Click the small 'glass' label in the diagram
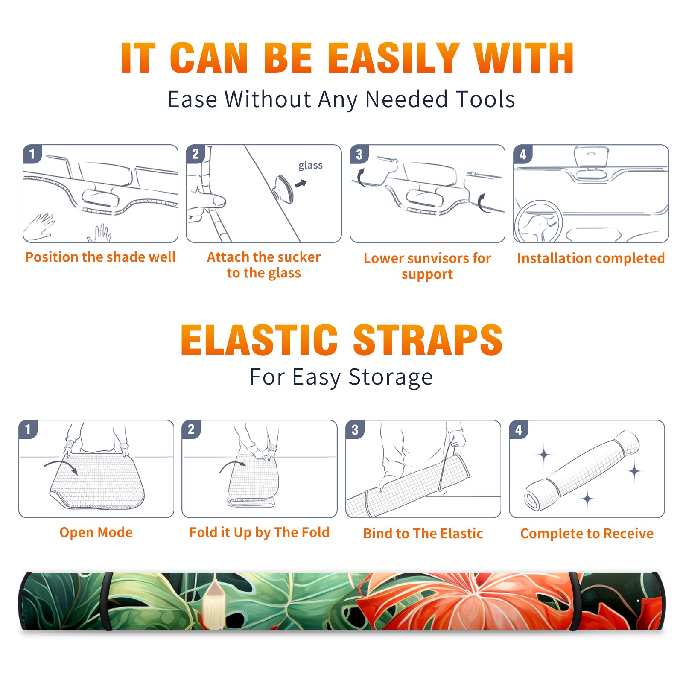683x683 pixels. (310, 166)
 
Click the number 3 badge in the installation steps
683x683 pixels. (359, 155)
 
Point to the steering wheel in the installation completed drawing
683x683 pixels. (539, 222)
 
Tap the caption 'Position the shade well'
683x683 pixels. (100, 257)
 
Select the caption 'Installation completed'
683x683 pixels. (591, 258)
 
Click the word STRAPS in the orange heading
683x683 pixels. (428, 340)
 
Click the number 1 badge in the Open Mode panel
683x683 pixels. (28, 429)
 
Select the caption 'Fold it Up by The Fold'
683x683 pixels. (260, 533)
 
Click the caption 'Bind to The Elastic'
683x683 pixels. (423, 534)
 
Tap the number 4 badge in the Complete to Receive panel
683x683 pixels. (519, 429)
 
